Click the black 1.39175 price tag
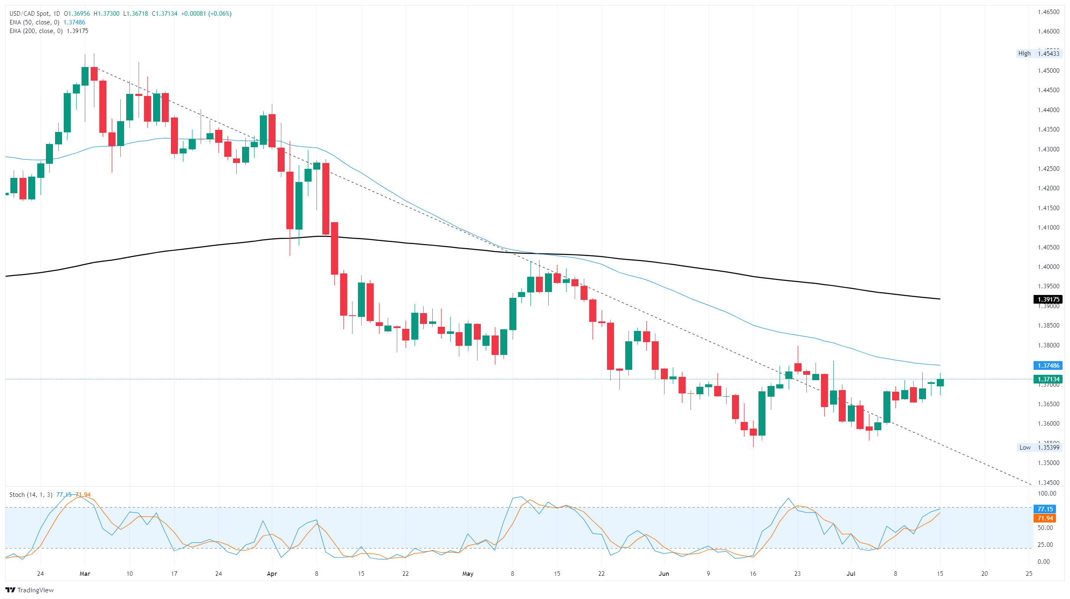coord(1048,299)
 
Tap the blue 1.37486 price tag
coord(1048,366)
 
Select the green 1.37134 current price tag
coord(1048,379)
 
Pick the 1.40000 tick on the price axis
coord(1048,267)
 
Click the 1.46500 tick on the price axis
coord(1048,12)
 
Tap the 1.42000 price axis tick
coord(1048,188)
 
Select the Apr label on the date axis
coord(272,574)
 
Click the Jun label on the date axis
coord(663,574)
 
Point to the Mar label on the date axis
coord(85,574)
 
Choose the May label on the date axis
coord(468,574)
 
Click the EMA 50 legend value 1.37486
coord(74,22)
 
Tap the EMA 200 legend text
coord(36,31)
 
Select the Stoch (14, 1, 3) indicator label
coord(31,495)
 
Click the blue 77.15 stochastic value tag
coord(1045,509)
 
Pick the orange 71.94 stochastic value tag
coord(1045,518)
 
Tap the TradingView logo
coord(29,590)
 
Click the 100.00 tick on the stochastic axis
coord(1047,494)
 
